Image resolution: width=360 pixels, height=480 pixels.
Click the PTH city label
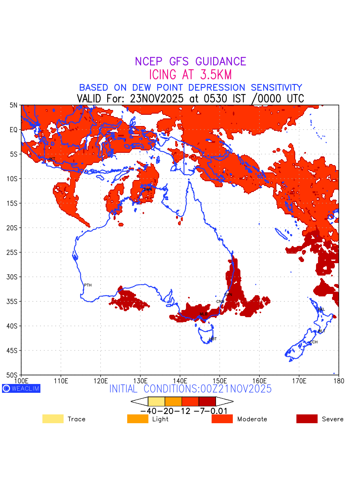pos(88,285)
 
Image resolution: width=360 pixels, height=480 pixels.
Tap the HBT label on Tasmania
pos(213,339)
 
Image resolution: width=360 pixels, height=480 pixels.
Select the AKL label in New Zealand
pos(321,309)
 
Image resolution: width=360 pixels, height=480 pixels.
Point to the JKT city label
pos(52,159)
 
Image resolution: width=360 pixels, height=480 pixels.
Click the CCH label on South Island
pos(314,342)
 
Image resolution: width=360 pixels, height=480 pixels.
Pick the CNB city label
pos(220,301)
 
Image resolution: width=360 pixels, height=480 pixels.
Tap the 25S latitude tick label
pos(13,252)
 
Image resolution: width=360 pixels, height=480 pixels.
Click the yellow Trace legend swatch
pos(53,419)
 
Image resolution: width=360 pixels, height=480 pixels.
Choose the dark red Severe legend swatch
pos(307,419)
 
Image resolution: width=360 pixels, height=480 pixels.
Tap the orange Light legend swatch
pos(138,419)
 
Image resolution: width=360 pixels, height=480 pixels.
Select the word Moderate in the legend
pos(252,419)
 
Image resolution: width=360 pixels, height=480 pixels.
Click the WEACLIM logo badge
pos(21,388)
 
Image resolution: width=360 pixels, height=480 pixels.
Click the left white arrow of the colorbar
pos(139,401)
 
